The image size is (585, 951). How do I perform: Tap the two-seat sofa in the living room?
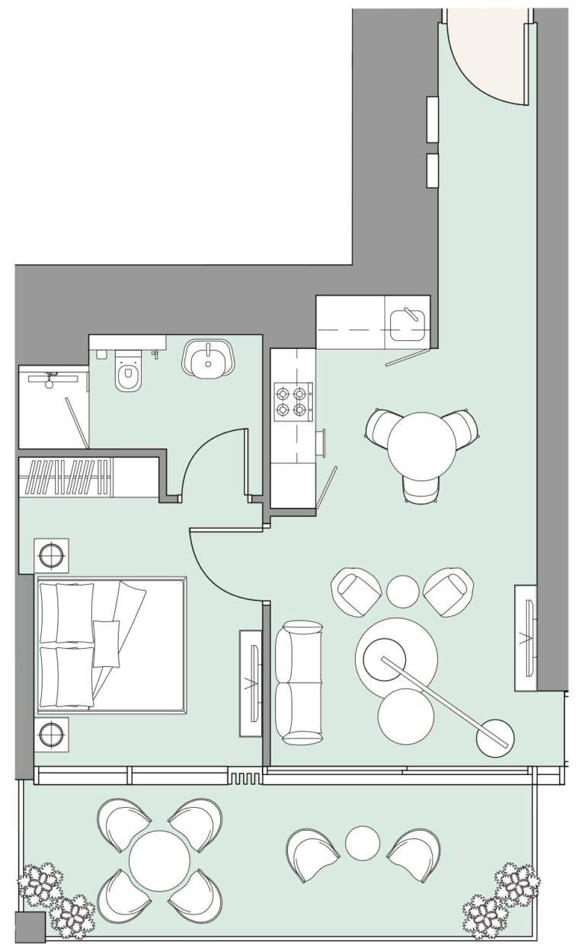pos(299,682)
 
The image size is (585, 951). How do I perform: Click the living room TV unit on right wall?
pos(526,638)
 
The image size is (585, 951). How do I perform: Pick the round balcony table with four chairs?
pos(159,860)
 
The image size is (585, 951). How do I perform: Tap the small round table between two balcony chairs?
pos(363,843)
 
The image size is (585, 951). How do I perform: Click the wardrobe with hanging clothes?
pos(67,477)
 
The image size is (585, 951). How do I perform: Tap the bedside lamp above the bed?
pos(51,555)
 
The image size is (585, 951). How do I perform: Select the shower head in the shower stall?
pos(50,380)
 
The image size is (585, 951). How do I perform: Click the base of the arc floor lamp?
pos(494,738)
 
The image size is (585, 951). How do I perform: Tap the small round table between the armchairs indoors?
pos(402,591)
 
